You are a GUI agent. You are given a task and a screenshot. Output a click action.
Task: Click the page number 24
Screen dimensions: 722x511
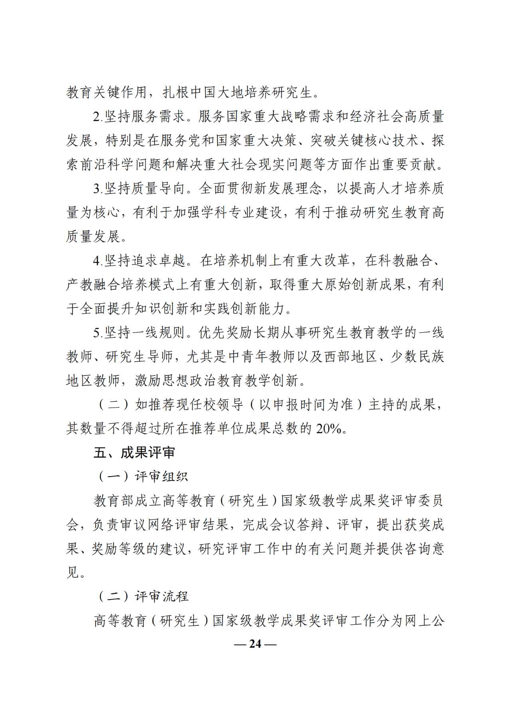[x=255, y=644]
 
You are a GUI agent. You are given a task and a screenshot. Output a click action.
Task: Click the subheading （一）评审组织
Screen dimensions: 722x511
[x=142, y=477]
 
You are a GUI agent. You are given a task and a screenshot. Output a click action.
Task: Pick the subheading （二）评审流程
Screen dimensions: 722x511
[x=142, y=596]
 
